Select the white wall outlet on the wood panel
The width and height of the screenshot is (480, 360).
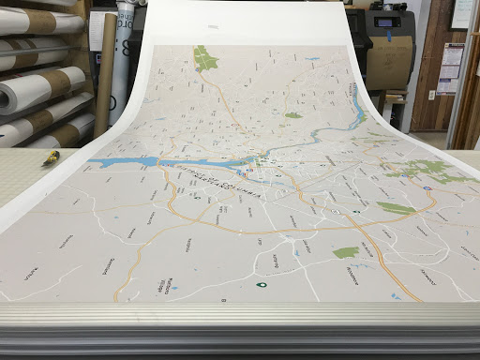pos(431,96)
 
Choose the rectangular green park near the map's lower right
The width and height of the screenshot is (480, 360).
pos(346,252)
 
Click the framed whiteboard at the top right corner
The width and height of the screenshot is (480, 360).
pos(463,14)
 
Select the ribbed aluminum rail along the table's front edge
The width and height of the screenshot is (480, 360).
pos(240,323)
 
